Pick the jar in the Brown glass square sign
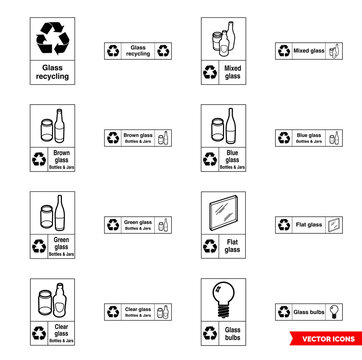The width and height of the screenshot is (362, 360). (x=45, y=130)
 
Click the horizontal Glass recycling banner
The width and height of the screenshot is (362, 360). (x=138, y=51)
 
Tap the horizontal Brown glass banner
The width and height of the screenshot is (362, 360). (x=138, y=138)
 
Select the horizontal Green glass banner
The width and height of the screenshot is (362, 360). (x=138, y=225)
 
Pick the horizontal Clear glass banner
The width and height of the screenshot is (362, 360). (x=138, y=312)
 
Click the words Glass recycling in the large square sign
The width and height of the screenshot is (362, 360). (x=52, y=74)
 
